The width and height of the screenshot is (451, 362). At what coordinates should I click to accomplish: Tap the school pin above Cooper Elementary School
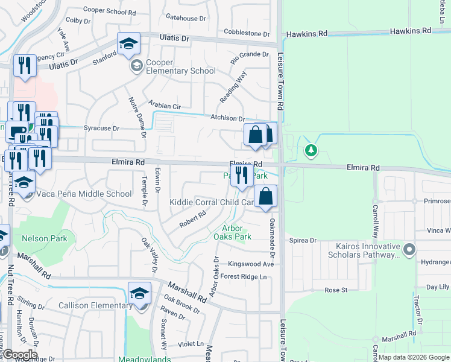(128, 44)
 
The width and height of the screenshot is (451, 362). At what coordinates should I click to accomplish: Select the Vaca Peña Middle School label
(84, 194)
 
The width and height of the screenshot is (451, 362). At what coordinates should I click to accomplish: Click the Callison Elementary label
(95, 305)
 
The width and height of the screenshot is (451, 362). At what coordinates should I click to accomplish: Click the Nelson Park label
(45, 238)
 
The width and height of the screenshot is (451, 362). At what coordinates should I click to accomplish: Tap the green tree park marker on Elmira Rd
(311, 150)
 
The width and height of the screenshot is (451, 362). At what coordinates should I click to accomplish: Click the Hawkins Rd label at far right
(411, 30)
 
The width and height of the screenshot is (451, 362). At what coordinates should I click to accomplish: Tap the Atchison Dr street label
(227, 119)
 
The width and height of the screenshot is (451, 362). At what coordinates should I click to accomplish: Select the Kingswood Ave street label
(251, 264)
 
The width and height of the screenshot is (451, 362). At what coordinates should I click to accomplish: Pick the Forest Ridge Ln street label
(244, 276)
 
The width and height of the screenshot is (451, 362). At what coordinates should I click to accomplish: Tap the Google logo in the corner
(20, 355)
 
